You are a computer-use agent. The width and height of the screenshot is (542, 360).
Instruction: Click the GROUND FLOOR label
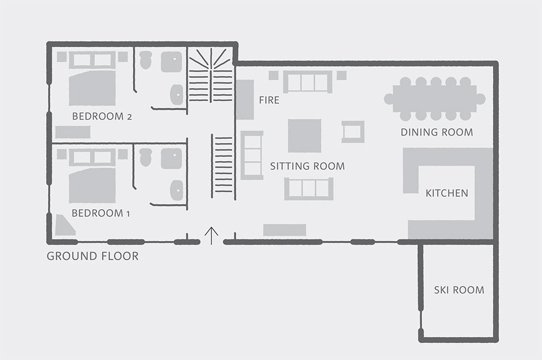[x=93, y=256]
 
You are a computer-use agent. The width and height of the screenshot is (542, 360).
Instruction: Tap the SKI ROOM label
[x=459, y=290]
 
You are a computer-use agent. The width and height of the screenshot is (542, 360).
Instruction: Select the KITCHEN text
[x=447, y=193]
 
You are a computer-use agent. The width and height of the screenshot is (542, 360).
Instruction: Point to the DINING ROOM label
[x=437, y=132]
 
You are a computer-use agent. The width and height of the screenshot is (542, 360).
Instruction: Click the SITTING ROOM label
[x=307, y=166]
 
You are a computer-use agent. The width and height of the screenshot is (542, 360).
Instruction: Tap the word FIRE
[x=269, y=100]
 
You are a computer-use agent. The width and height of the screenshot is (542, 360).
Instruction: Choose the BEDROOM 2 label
[x=102, y=116]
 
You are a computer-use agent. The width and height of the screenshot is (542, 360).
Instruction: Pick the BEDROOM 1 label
[x=101, y=213]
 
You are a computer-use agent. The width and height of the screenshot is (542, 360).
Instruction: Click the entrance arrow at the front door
[x=211, y=236]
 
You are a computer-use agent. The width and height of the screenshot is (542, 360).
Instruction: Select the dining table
[x=435, y=99]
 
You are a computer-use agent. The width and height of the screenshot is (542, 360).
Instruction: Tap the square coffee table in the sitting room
[x=305, y=136]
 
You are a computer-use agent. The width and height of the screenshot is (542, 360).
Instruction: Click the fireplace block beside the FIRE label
[x=245, y=100]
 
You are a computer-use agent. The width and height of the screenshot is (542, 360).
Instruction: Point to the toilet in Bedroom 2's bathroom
[x=145, y=60]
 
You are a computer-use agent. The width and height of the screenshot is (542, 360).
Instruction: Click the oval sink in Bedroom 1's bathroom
[x=177, y=190]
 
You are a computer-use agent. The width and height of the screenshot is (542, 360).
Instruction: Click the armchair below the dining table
[x=353, y=132]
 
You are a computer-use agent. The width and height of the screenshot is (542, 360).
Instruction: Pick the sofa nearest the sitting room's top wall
[x=308, y=82]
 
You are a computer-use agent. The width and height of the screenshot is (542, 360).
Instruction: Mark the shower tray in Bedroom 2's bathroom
[x=171, y=62]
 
